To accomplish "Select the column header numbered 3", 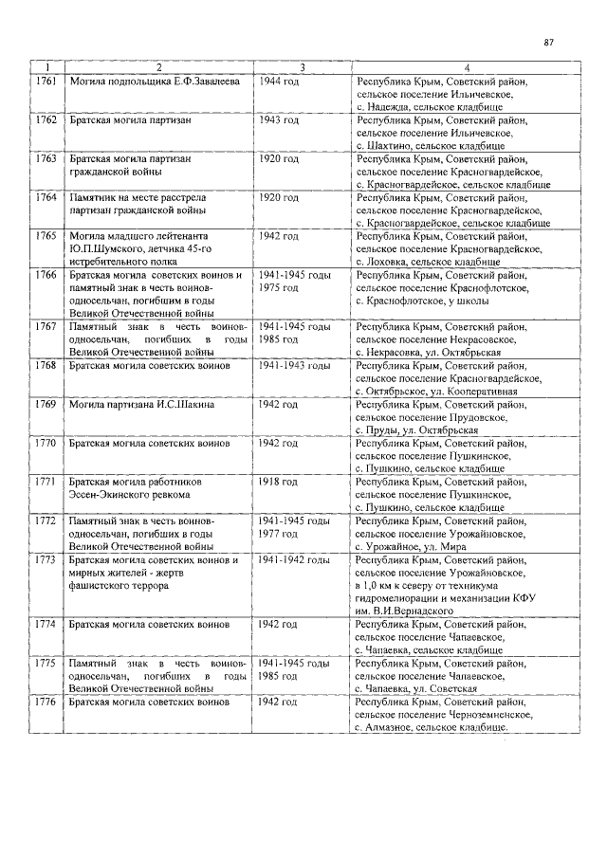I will pos(302,67).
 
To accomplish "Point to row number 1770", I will pos(45,444).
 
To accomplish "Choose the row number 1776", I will pos(45,703).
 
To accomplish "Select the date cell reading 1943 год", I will pos(279,121).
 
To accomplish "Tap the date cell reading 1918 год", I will pos(279,482).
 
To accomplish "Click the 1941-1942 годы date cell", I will pos(294,559).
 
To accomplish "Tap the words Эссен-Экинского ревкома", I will pos(129,495).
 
